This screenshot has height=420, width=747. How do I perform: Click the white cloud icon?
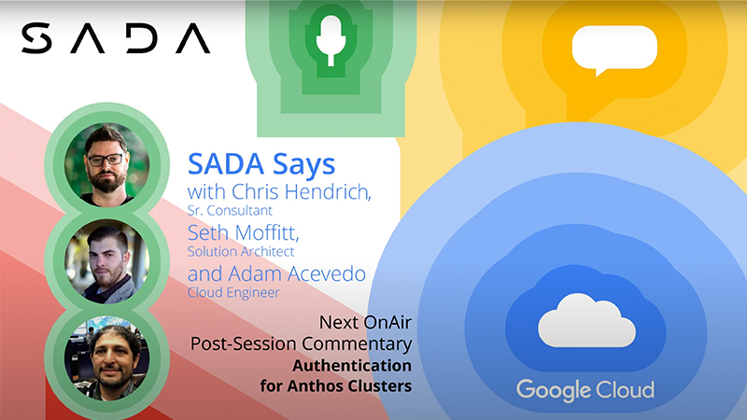click(586, 322)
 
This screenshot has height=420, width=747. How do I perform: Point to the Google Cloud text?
click(585, 389)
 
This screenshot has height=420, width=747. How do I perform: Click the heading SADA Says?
click(261, 163)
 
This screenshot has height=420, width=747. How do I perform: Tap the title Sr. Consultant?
click(227, 211)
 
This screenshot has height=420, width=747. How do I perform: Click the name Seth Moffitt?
click(242, 231)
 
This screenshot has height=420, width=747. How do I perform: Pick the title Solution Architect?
click(241, 251)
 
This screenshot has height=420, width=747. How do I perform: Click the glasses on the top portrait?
click(106, 159)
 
